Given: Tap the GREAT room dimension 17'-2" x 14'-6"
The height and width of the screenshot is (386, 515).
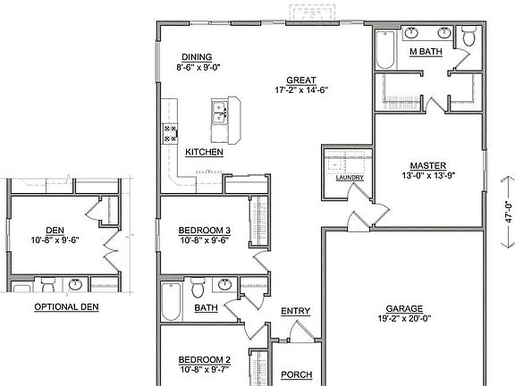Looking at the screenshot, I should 303,90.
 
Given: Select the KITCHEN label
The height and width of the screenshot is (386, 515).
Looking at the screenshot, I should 204,153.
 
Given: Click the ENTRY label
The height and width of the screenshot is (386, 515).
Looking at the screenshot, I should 295,311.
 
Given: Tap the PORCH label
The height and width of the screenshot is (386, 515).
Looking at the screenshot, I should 295,375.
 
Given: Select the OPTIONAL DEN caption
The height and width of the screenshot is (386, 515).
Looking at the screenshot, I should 66,306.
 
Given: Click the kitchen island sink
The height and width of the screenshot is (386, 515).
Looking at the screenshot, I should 218,113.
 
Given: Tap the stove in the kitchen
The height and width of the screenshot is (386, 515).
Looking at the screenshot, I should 169,133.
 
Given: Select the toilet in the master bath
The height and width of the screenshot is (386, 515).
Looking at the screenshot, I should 468,37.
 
